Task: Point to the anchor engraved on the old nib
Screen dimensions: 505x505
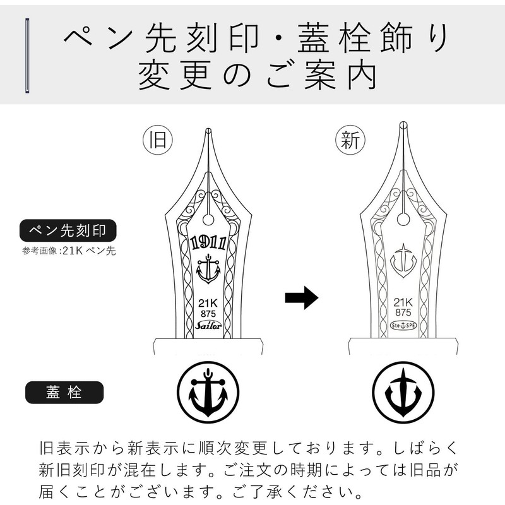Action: pyautogui.click(x=208, y=269)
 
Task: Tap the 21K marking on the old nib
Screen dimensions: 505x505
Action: pyautogui.click(x=208, y=302)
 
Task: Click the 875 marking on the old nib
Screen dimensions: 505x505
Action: pyautogui.click(x=208, y=312)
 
